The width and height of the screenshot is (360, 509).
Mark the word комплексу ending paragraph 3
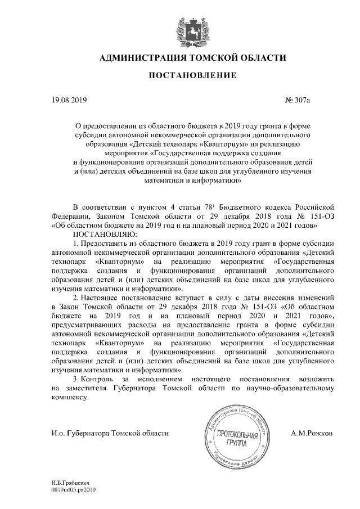coord(69,397)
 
